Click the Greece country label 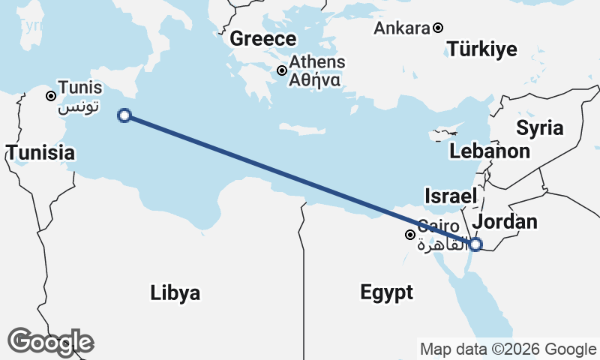tap(263, 39)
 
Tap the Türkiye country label tap(482, 50)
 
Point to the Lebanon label tap(490, 151)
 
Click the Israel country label tap(451, 196)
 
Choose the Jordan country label tap(505, 221)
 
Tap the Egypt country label tap(386, 292)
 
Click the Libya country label tap(175, 292)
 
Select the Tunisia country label tap(41, 153)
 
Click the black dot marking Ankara tap(438, 28)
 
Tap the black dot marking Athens tap(281, 70)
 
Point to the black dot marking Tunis tap(50, 96)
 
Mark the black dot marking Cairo tap(410, 235)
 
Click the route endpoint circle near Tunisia tap(124, 115)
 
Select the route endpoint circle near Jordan tap(475, 243)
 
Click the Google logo tap(51, 341)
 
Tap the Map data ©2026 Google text tap(508, 349)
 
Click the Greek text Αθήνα tap(316, 79)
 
